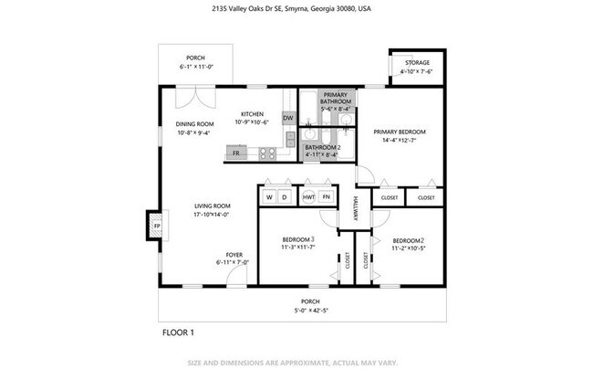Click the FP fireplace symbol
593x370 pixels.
click(156, 226)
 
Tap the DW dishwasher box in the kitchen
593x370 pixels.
click(287, 118)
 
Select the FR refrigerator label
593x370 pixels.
click(236, 153)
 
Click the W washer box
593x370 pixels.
click(270, 197)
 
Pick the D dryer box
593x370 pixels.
click(284, 197)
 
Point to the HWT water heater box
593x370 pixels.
click(309, 197)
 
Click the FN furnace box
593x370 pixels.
click(326, 197)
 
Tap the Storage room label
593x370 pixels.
click(418, 63)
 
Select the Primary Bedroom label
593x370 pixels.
click(400, 131)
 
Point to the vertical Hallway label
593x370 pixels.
click(356, 213)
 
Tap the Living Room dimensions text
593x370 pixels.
click(211, 215)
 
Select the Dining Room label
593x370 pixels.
click(194, 124)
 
